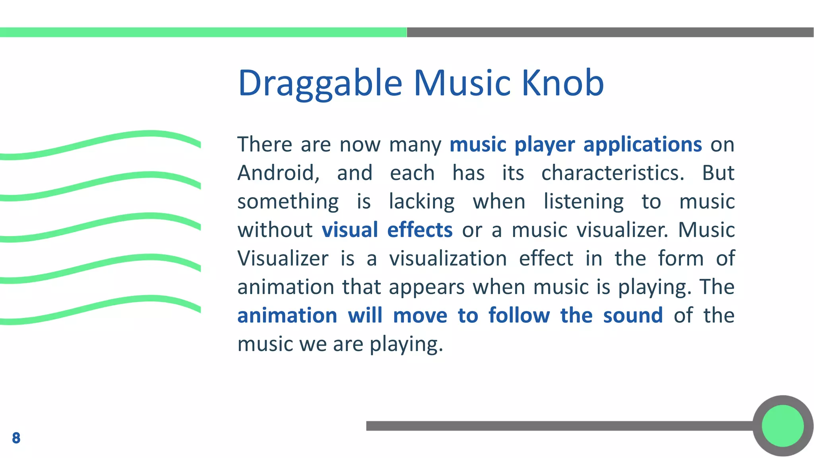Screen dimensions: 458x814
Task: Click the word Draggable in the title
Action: [320, 83]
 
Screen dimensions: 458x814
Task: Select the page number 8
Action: [16, 438]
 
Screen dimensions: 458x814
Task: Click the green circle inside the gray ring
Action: [783, 426]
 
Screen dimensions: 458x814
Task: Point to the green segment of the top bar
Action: [203, 32]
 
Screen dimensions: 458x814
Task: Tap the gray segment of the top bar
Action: [610, 32]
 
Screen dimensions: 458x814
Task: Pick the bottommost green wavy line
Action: [99, 308]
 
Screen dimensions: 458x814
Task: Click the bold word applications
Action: [642, 144]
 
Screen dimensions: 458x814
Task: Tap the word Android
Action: [278, 173]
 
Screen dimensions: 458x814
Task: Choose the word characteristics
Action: [612, 173]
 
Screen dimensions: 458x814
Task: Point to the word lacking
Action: [422, 202]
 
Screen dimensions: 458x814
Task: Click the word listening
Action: [583, 202]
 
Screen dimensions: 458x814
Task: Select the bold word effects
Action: [420, 230]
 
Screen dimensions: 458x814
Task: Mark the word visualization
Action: [448, 258]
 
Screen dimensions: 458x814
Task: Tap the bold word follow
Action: [519, 316]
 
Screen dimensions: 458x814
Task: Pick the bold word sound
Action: [633, 316]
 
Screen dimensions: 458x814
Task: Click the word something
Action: [288, 202]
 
